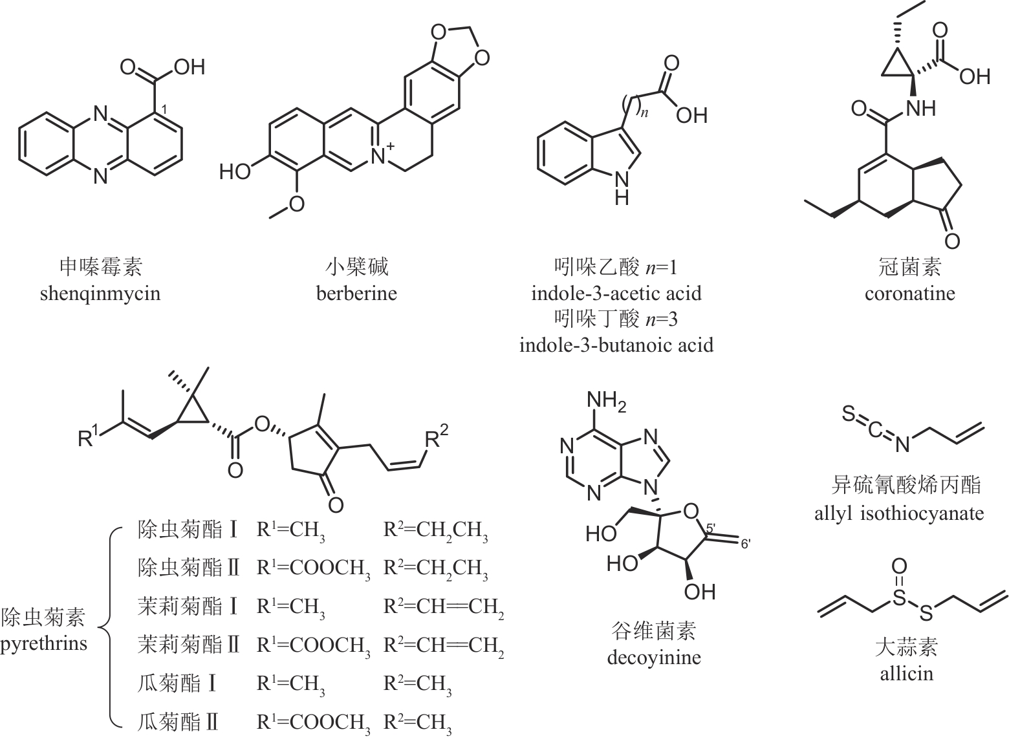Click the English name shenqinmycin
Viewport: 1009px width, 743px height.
[x=100, y=294]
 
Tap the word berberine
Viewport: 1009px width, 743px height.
[x=356, y=294]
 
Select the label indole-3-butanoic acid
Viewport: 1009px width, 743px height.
[x=616, y=345]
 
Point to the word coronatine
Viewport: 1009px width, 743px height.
[x=909, y=294]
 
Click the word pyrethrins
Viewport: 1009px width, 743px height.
[x=43, y=644]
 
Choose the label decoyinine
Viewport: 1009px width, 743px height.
[x=654, y=658]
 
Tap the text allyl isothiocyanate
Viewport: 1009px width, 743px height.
[x=899, y=514]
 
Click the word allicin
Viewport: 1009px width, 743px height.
[x=906, y=674]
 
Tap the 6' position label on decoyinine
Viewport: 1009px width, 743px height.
[x=745, y=544]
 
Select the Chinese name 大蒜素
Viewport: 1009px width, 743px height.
[x=906, y=647]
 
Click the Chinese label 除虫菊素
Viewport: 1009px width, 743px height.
[x=43, y=618]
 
